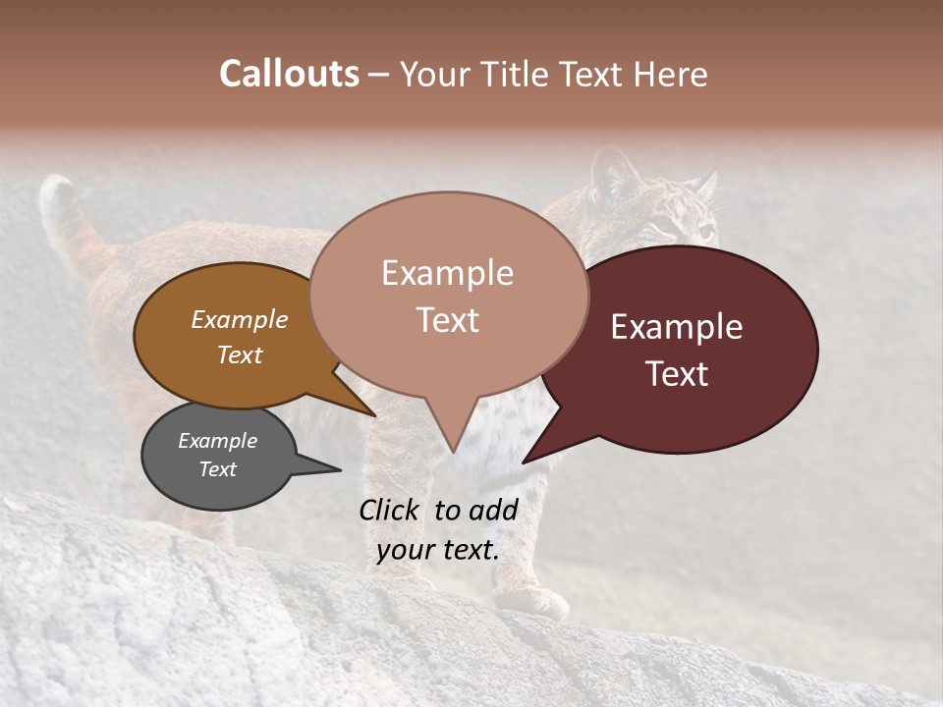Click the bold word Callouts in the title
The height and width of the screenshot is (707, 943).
pyautogui.click(x=289, y=74)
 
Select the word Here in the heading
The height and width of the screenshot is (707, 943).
pyautogui.click(x=671, y=75)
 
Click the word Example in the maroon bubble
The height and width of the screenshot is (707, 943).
pyautogui.click(x=677, y=327)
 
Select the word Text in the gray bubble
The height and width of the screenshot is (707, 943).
pyautogui.click(x=218, y=469)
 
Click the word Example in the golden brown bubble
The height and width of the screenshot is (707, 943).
pyautogui.click(x=240, y=320)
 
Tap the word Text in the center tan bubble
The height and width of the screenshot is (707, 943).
pyautogui.click(x=448, y=320)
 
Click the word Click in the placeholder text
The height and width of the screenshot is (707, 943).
pyautogui.click(x=391, y=510)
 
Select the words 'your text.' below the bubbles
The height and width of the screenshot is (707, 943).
pyautogui.click(x=438, y=550)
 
